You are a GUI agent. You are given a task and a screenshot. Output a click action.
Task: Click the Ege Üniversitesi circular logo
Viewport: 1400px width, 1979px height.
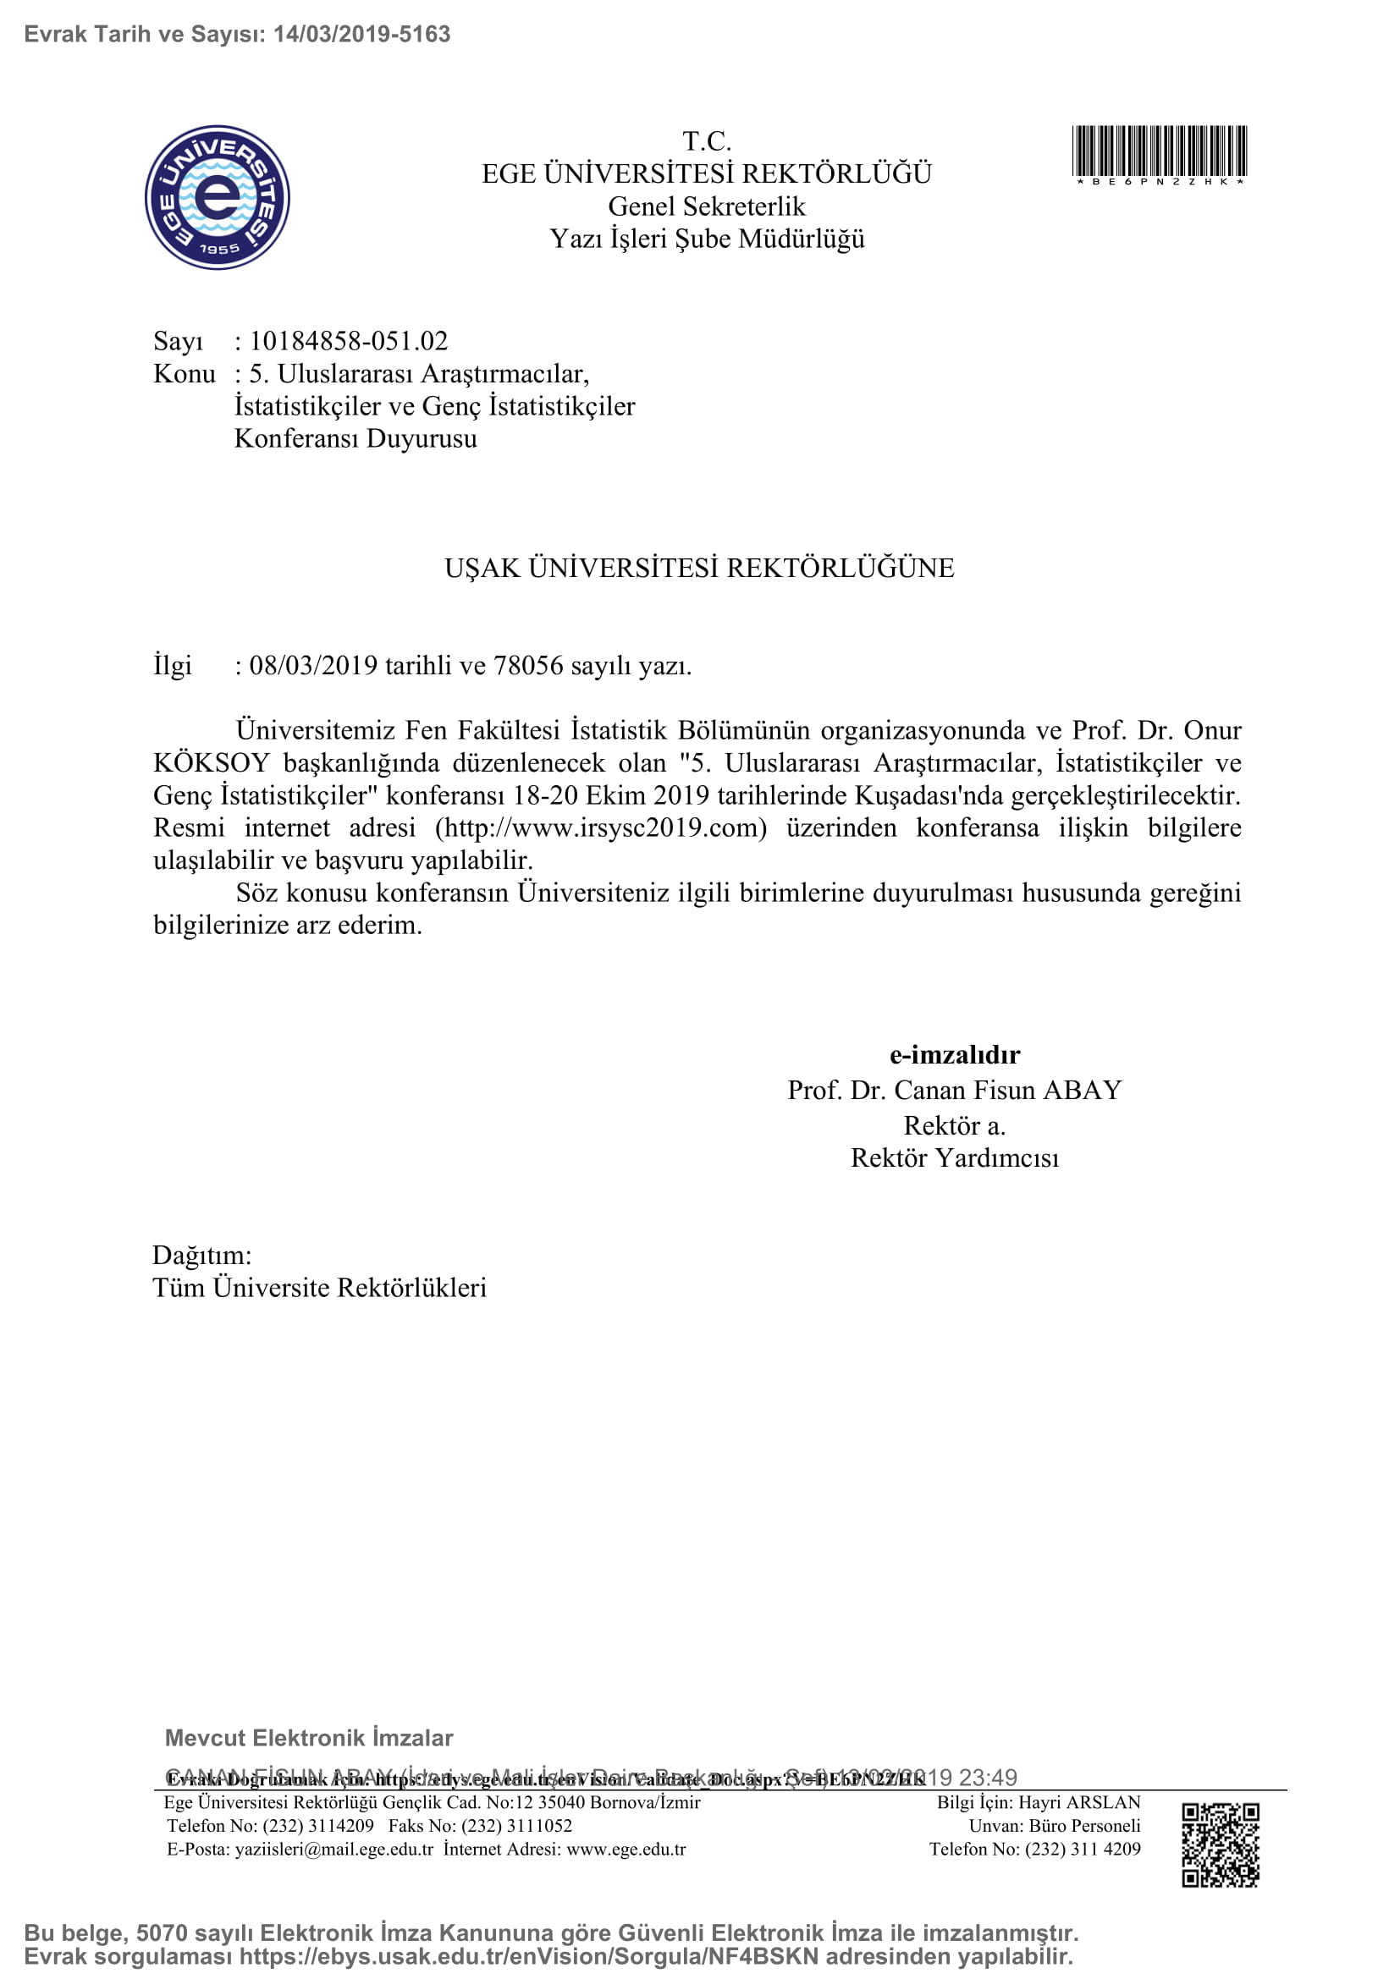(x=218, y=197)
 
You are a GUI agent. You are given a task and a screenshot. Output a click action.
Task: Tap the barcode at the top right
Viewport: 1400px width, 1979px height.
(x=1159, y=151)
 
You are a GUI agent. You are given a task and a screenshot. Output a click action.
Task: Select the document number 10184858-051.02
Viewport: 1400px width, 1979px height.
(x=348, y=341)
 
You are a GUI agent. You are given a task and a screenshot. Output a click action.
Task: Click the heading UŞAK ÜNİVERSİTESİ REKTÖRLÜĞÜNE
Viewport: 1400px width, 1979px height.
(x=699, y=568)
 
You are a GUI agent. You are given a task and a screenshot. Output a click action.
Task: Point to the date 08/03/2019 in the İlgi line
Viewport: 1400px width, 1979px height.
(x=313, y=665)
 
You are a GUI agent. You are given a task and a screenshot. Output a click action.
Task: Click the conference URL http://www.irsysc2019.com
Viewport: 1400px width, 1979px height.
(x=601, y=827)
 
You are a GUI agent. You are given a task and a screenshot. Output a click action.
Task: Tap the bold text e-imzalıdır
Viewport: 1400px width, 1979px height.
(x=954, y=1054)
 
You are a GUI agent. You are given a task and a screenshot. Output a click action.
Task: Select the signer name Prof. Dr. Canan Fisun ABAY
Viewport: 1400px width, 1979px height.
(x=954, y=1091)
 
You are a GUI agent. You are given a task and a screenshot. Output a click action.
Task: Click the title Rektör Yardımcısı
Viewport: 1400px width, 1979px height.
(x=954, y=1157)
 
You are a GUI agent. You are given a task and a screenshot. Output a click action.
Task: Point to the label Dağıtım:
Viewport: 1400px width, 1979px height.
(x=201, y=1255)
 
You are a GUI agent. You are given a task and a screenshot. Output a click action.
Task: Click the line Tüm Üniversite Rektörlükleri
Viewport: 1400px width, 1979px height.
(x=319, y=1288)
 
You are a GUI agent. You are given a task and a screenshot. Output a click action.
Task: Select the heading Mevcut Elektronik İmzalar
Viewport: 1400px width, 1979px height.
(x=309, y=1738)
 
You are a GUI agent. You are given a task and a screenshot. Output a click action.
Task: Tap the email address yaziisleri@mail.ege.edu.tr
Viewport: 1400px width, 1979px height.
(x=333, y=1849)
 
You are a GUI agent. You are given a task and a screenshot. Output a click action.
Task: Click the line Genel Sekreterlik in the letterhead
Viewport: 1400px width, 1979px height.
(x=706, y=206)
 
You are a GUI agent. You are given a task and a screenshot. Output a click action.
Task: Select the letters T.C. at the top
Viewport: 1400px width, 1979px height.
(x=706, y=140)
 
